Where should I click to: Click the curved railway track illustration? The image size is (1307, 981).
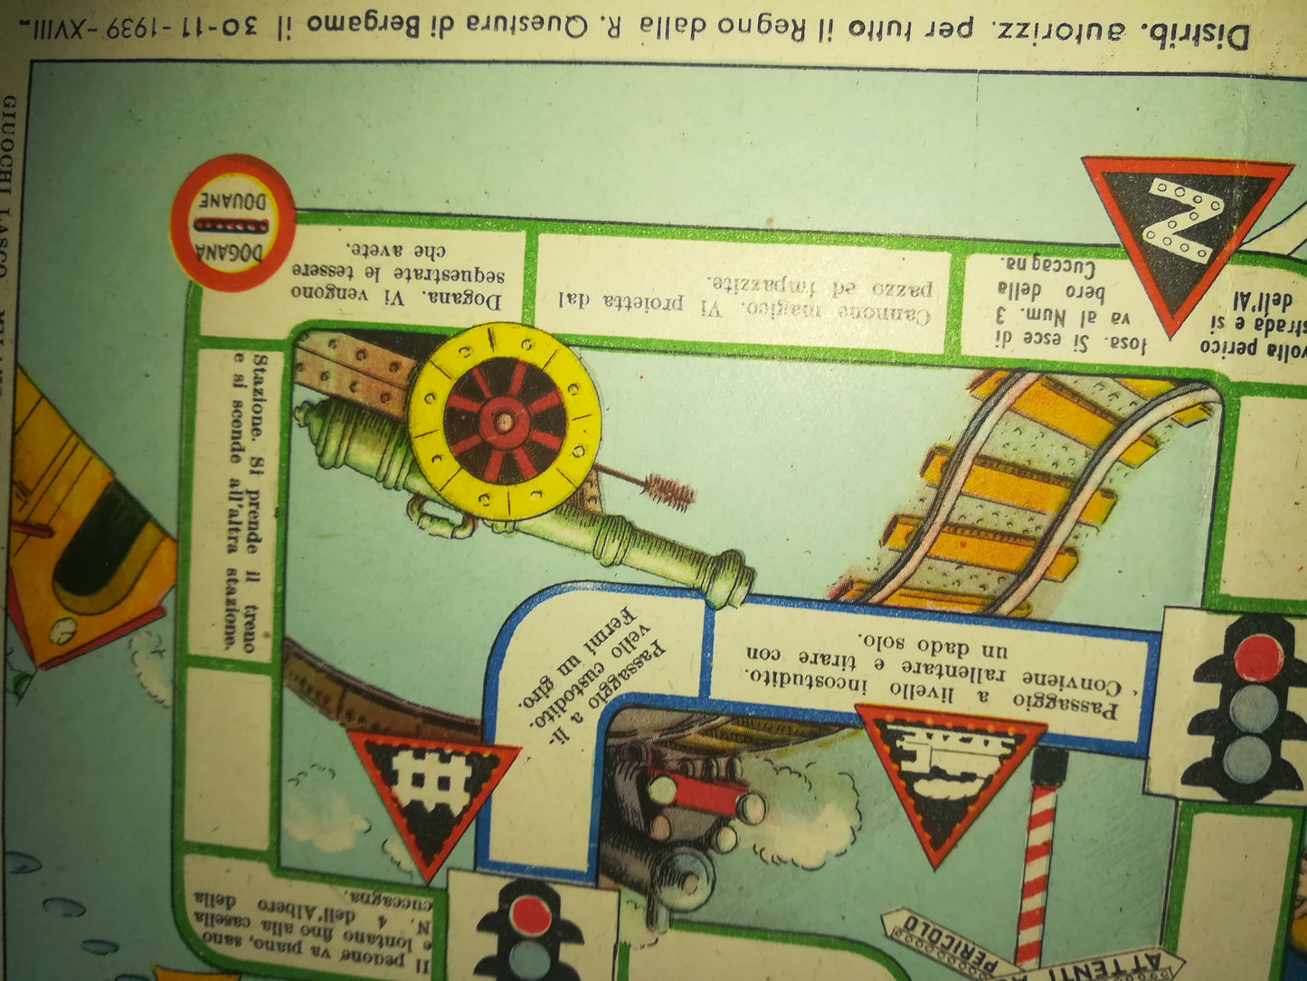click(1022, 489)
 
